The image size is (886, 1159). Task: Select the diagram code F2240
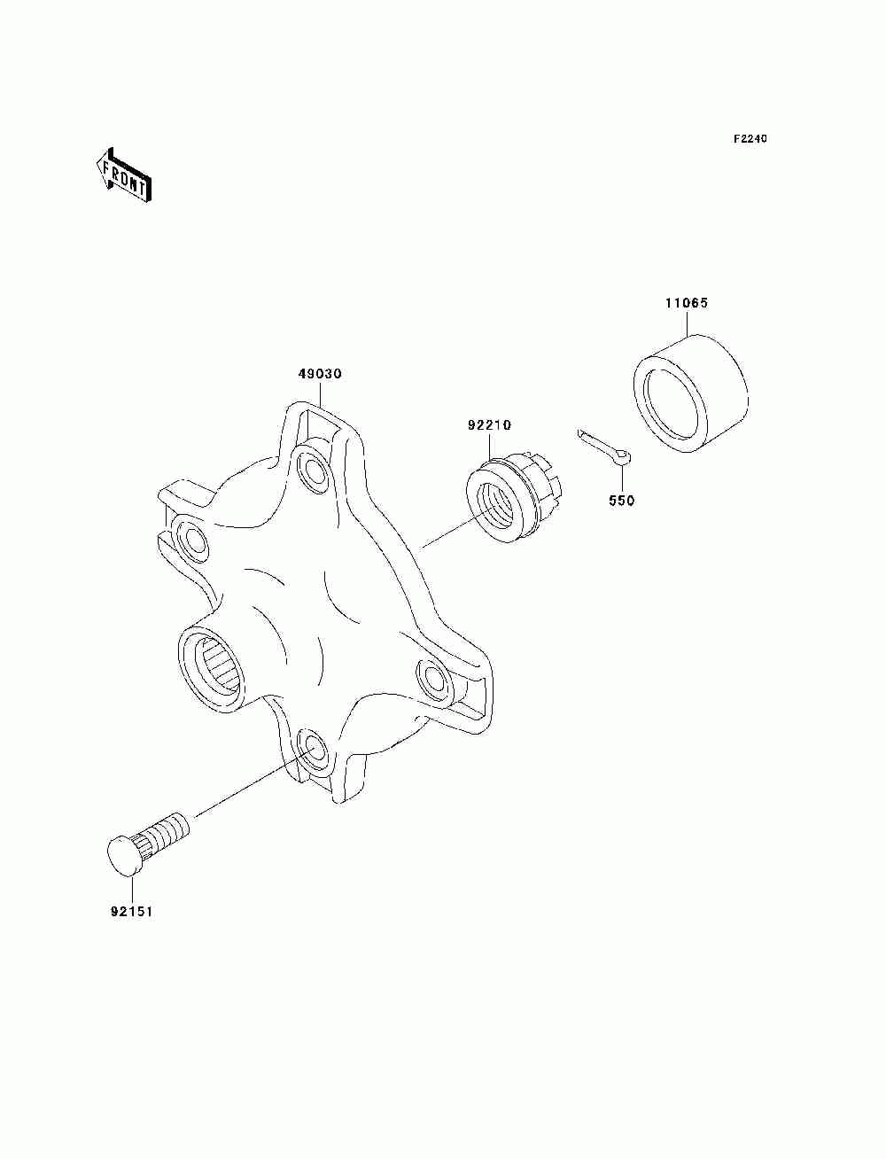pos(750,139)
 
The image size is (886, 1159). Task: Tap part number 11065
pos(687,303)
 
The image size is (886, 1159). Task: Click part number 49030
pos(319,374)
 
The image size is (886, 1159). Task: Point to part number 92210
pos(489,425)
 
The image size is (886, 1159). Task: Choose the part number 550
pos(622,501)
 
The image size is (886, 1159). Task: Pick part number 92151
pos(131,910)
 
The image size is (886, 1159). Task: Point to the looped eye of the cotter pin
pos(626,458)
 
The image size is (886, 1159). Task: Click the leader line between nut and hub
pos(447,534)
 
